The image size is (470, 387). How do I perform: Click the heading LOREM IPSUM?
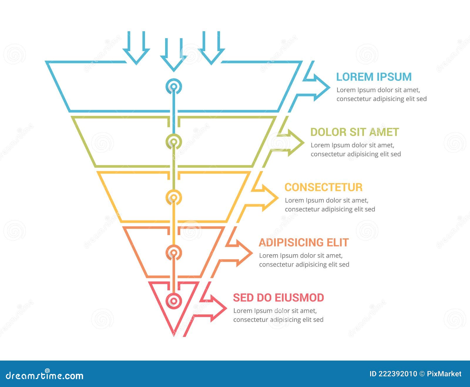click(x=374, y=77)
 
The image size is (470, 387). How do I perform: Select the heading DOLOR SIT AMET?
click(x=354, y=132)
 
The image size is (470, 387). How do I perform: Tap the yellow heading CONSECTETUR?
click(x=323, y=187)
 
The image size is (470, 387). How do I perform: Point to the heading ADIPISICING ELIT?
click(x=303, y=243)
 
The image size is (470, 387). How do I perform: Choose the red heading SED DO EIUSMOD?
click(x=278, y=298)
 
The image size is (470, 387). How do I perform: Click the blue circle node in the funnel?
click(x=174, y=86)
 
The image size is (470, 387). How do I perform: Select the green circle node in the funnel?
click(x=174, y=142)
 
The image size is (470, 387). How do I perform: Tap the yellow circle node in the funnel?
click(x=174, y=197)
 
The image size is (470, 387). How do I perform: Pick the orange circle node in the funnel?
click(x=174, y=252)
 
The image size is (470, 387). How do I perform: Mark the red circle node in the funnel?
click(x=174, y=301)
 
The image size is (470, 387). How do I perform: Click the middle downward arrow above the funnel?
click(x=174, y=57)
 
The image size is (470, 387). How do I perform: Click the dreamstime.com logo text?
click(x=45, y=375)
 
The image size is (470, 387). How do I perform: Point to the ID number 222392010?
click(x=397, y=374)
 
